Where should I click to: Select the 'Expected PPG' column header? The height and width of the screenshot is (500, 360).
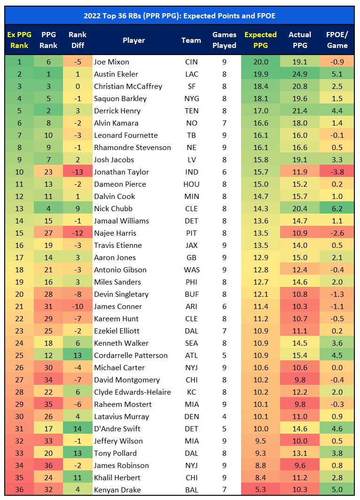click(x=260, y=40)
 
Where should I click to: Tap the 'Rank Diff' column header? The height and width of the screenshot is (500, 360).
click(x=77, y=40)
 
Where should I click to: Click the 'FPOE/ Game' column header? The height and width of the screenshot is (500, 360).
click(x=337, y=40)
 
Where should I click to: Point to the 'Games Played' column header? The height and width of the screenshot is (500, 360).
click(x=224, y=40)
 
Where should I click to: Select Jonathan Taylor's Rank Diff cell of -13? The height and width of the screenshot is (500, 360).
click(x=77, y=172)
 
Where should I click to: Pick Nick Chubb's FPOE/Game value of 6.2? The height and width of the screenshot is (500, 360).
click(x=337, y=209)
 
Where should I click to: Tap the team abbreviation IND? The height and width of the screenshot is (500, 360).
click(x=191, y=172)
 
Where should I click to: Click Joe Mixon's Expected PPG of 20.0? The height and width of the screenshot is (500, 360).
click(x=260, y=62)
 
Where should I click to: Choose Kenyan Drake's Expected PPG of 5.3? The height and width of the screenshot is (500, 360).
click(x=260, y=490)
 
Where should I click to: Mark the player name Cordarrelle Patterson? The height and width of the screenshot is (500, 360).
click(x=131, y=356)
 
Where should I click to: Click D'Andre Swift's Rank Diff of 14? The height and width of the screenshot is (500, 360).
click(x=77, y=429)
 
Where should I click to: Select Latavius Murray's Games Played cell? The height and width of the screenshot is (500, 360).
click(x=224, y=417)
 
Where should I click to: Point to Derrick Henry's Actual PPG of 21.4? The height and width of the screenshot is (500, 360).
click(x=300, y=111)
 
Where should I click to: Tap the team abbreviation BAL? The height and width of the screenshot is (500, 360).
click(x=191, y=490)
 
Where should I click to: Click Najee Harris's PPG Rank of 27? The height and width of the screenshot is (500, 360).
click(x=48, y=233)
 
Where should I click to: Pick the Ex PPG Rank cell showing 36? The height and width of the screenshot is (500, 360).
click(x=19, y=490)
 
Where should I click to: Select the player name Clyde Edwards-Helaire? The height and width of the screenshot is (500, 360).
click(x=132, y=392)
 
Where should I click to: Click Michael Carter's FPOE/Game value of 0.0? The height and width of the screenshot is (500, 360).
click(x=337, y=368)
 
